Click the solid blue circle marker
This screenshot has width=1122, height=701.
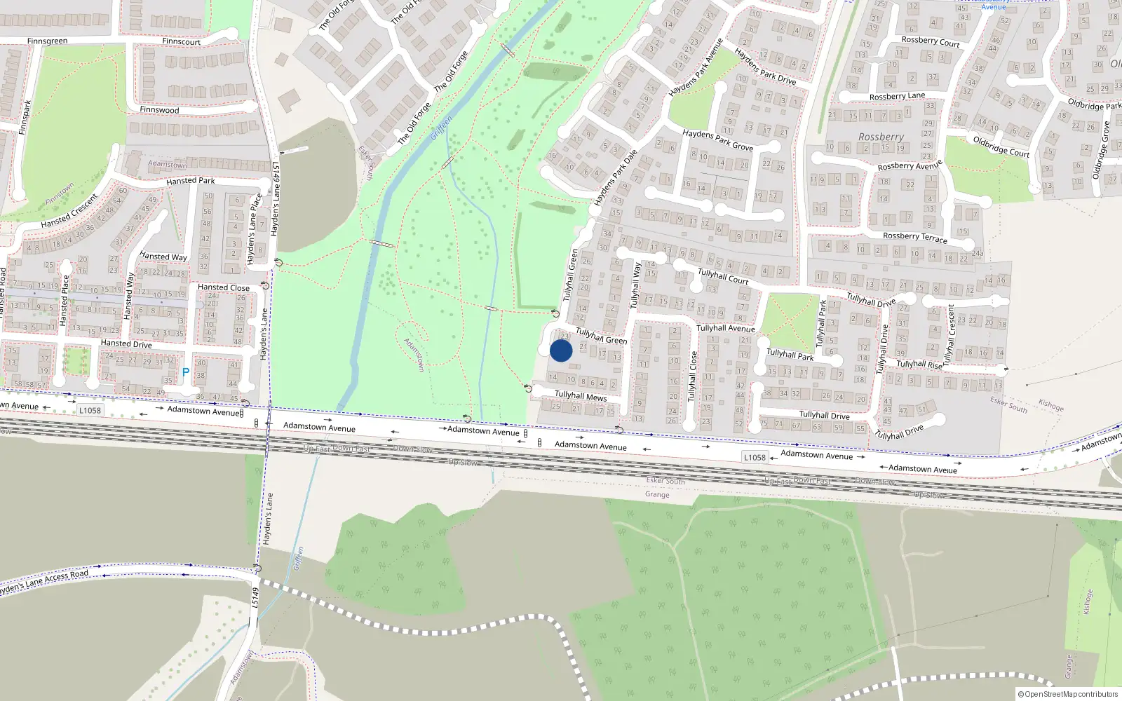coord(561,350)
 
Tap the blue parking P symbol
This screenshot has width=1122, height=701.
coord(185,372)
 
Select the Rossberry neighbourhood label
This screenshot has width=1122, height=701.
coord(881,137)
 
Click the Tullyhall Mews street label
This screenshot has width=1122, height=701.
coord(581,396)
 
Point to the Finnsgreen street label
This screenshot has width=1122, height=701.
coord(47,41)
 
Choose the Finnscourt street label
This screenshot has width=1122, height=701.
coord(181,41)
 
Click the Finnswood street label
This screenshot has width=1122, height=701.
coord(159,110)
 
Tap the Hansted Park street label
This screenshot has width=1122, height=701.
coord(191,181)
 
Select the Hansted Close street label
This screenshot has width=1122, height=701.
coord(223,287)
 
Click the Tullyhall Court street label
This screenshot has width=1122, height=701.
coord(723,276)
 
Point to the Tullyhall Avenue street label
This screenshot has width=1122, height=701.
coord(725,328)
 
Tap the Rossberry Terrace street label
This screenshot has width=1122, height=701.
coord(914,238)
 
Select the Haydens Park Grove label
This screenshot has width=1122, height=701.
coord(717,140)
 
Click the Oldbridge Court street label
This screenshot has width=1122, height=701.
coord(1001,146)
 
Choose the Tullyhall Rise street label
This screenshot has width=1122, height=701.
coord(919,365)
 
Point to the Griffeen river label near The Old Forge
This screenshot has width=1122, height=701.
coord(442,128)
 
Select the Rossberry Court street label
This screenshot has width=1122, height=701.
coord(930,41)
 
